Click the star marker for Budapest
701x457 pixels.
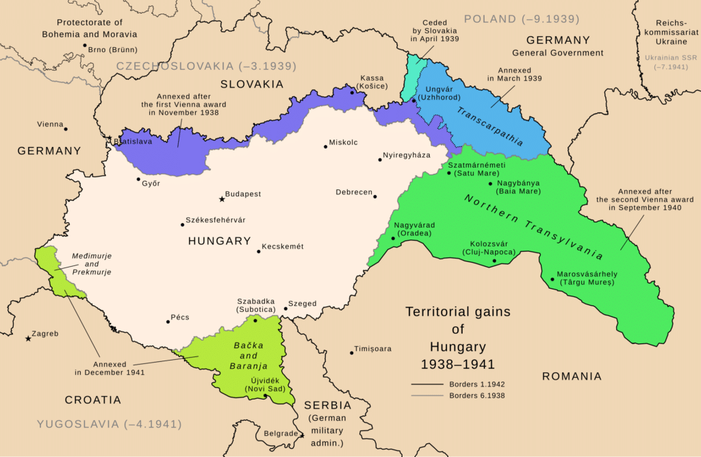pos(221,199)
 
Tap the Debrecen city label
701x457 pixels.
pos(354,192)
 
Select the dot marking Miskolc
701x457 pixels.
pos(325,146)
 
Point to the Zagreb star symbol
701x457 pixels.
pos(28,339)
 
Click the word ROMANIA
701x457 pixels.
pos(572,376)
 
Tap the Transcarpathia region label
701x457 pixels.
pos(489,127)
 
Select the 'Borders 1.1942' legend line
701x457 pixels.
pos(427,384)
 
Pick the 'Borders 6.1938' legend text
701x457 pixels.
pos(477,395)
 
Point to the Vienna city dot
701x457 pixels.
pos(66,129)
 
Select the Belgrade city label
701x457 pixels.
pos(281,433)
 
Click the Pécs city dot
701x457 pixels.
pos(168,321)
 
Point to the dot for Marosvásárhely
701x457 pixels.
pos(552,278)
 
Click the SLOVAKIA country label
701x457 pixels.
pos(251,83)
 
